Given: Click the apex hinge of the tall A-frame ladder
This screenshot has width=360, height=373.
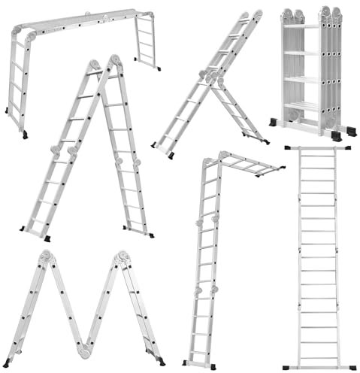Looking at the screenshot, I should [x=105, y=63].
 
